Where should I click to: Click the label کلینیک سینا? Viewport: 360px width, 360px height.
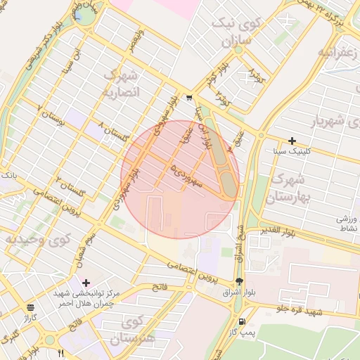(x=293, y=151)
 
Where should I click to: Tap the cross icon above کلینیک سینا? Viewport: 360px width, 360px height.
(x=292, y=141)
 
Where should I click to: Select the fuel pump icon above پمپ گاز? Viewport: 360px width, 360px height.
(x=243, y=321)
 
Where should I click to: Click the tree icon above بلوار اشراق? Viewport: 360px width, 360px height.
(x=239, y=281)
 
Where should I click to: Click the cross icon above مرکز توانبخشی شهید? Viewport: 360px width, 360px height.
(x=86, y=282)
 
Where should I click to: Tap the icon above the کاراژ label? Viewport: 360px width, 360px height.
(x=30, y=307)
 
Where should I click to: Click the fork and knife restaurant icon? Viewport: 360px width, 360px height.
(x=60, y=352)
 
